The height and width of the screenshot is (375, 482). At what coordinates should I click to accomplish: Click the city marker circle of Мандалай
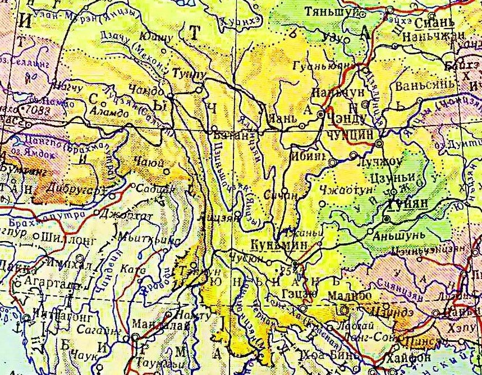[x=135, y=336]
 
